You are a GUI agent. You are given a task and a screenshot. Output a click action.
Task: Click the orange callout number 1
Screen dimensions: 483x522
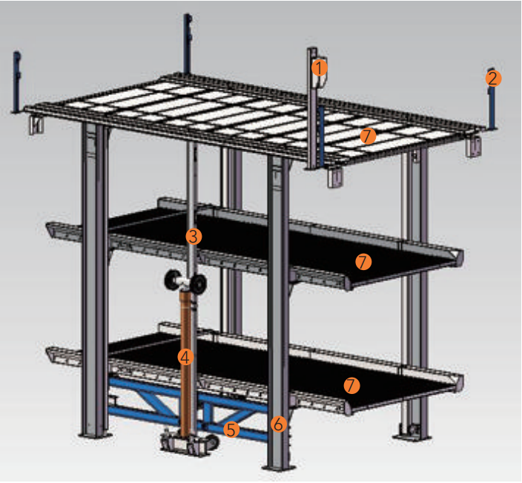point(319,68)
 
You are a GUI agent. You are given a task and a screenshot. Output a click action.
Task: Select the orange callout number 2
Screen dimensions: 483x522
point(493,77)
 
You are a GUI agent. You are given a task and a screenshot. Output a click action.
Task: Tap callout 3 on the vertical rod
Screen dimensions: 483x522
point(193,237)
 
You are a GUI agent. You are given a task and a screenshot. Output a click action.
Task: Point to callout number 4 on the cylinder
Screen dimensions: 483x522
point(185,357)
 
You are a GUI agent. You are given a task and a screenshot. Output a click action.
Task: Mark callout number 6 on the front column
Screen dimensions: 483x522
point(278,424)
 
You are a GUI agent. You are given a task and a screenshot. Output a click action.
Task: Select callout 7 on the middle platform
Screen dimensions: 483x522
point(363,261)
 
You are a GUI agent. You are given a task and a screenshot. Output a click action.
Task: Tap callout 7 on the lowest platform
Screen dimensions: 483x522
point(352,385)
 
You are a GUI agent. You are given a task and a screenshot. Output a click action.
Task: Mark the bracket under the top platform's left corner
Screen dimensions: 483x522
point(35,125)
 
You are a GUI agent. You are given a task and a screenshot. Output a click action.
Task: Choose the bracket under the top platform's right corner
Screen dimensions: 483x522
point(473,147)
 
